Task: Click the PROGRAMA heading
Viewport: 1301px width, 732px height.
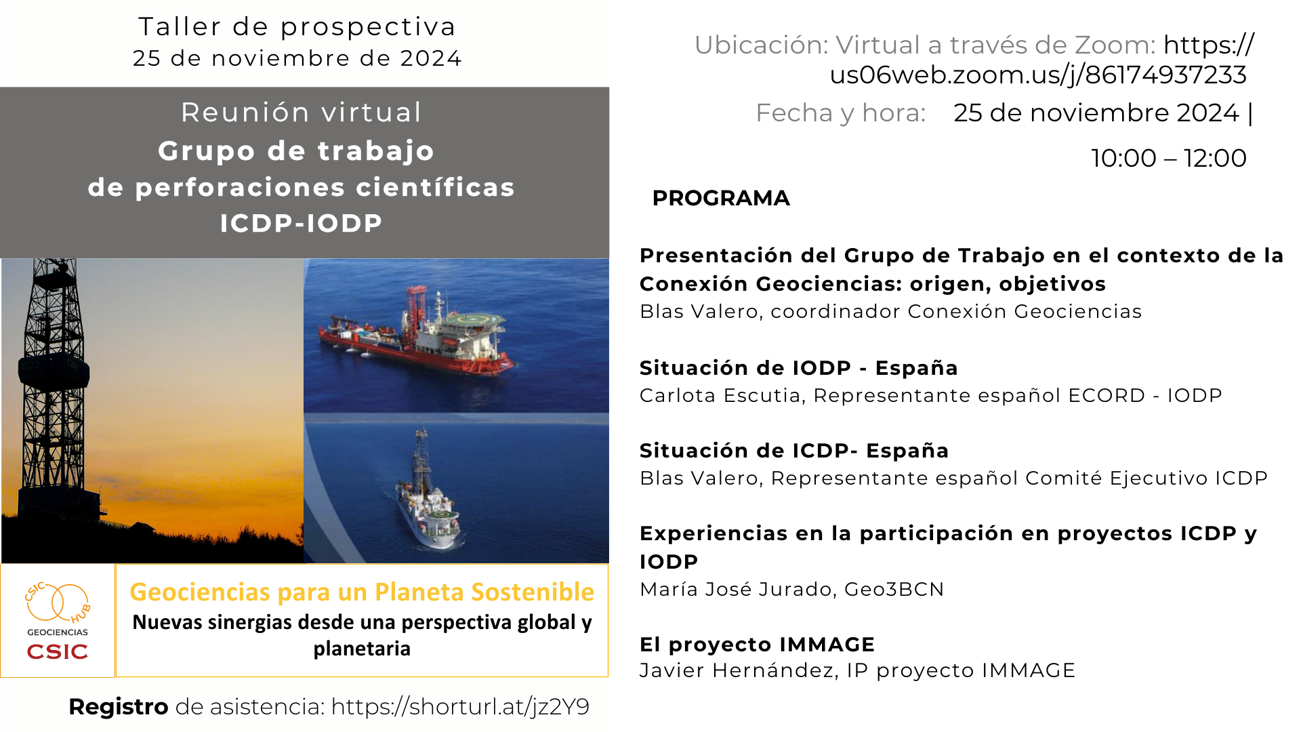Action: [721, 198]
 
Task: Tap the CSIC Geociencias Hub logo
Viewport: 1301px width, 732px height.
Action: [58, 620]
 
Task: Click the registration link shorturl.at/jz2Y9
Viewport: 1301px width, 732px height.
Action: [460, 707]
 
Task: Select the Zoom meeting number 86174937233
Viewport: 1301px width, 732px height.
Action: [1165, 75]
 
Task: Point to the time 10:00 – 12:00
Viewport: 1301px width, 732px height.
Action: [1169, 158]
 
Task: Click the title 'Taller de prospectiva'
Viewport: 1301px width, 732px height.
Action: [297, 27]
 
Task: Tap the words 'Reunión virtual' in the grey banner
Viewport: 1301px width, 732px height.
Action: [302, 113]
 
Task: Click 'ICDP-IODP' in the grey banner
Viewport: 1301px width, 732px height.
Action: [302, 223]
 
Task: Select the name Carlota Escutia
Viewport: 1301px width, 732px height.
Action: [720, 395]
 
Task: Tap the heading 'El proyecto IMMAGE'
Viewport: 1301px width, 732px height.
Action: [758, 644]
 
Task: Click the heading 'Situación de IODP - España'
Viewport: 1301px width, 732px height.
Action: [799, 368]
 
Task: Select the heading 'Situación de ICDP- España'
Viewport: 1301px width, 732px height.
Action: [794, 451]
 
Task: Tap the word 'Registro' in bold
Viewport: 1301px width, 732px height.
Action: [119, 707]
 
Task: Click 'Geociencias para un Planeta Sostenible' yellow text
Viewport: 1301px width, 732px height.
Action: [362, 592]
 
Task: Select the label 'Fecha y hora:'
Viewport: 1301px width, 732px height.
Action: [841, 113]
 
